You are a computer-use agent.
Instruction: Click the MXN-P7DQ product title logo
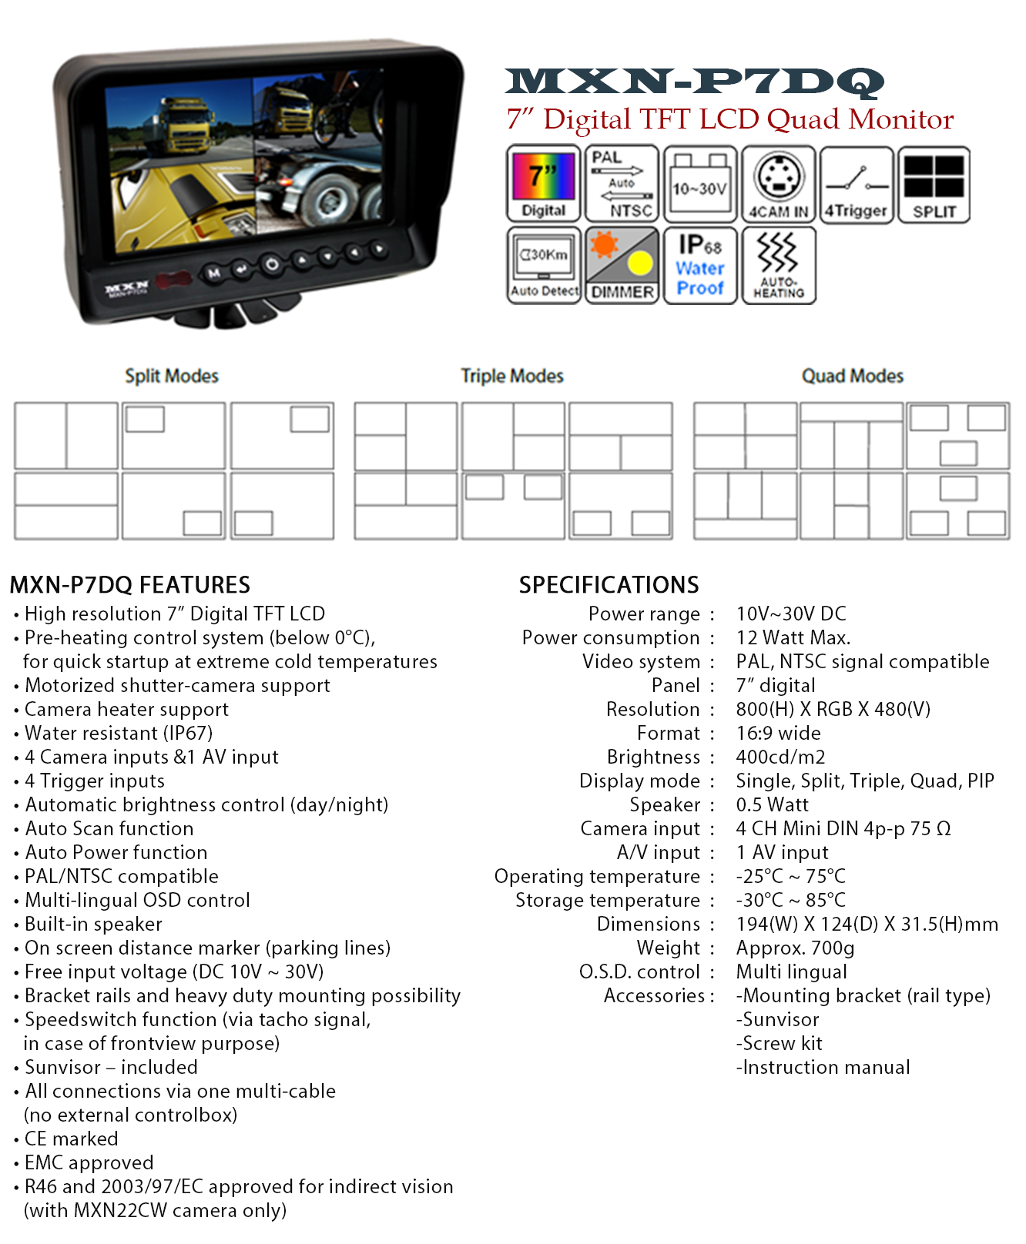click(x=695, y=82)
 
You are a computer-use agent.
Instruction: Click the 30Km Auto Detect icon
click(x=544, y=266)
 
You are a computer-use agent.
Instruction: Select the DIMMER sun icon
click(x=622, y=266)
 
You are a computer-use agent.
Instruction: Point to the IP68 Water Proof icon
click(x=700, y=266)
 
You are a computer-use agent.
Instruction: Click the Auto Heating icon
click(x=779, y=266)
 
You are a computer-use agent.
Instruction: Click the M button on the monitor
click(x=213, y=273)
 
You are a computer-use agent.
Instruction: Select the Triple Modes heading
click(x=512, y=376)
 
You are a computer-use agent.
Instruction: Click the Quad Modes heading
click(x=853, y=376)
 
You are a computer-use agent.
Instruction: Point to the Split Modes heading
click(x=172, y=376)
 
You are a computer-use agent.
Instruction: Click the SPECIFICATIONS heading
click(x=609, y=585)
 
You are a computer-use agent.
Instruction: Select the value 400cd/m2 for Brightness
click(x=780, y=757)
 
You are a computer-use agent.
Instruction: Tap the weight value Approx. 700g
click(x=796, y=948)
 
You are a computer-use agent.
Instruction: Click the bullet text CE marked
click(x=72, y=1139)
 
